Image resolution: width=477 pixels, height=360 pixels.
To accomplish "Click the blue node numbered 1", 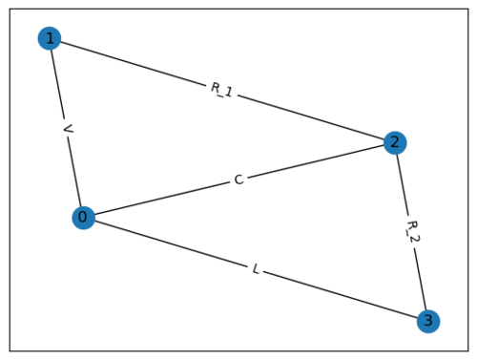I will pos(49,38).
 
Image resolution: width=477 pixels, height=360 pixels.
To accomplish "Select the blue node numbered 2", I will pos(395,142).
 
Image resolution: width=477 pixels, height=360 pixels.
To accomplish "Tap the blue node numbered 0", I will pos(83,218).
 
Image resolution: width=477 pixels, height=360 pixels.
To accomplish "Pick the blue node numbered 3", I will pos(428,322).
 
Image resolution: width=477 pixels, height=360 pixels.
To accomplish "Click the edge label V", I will pos(66,128).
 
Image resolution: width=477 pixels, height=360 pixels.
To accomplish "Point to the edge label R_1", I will pos(221,90).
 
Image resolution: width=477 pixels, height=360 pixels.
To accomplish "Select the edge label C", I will pos(238,180).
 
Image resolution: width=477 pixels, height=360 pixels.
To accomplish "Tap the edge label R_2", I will pos(412,232).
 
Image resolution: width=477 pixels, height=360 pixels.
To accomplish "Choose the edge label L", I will pos(256,269).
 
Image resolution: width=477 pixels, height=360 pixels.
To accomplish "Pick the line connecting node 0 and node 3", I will pos(172,244).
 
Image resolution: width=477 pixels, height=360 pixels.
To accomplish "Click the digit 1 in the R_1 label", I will pos(230,93).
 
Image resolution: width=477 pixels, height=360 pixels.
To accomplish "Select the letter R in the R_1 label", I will pos(215,88).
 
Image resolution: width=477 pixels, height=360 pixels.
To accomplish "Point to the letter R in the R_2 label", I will pos(410,225).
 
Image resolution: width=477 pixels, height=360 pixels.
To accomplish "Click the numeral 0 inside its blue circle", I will pos(83,218).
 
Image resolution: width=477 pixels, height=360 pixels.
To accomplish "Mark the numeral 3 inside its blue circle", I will pos(428,322).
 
